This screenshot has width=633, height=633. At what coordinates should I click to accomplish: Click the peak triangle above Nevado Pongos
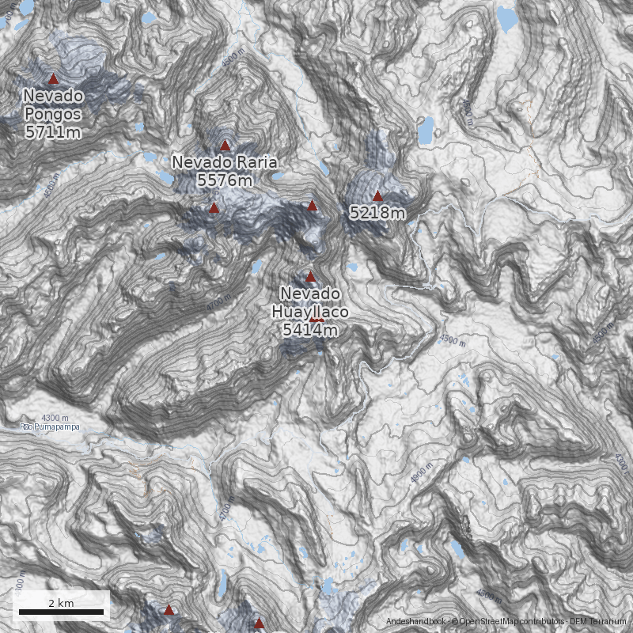(x=53, y=78)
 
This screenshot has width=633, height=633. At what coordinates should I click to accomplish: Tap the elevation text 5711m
(x=53, y=132)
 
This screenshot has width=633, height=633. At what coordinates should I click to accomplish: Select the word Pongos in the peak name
(x=53, y=114)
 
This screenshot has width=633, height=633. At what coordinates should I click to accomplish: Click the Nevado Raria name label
(x=225, y=163)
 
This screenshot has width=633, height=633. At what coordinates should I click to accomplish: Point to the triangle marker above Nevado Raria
(x=225, y=145)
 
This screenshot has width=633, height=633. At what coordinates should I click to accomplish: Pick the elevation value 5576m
(x=225, y=181)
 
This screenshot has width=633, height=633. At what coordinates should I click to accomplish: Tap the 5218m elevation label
(x=377, y=213)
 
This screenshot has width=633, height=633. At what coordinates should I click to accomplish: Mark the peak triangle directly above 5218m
(x=377, y=195)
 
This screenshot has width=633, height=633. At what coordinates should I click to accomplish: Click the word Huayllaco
(x=310, y=312)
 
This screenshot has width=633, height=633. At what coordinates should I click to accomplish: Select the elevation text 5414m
(x=310, y=330)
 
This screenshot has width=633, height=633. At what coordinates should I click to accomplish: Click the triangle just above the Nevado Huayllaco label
(x=310, y=276)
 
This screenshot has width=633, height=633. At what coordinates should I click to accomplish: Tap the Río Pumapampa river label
(x=49, y=427)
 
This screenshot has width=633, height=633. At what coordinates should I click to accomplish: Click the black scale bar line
(x=61, y=612)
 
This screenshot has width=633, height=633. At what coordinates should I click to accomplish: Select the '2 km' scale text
(x=61, y=602)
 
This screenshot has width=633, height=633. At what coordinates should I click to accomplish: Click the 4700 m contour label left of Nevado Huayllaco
(x=215, y=304)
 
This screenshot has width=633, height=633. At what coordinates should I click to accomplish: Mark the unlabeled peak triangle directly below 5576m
(x=214, y=208)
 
